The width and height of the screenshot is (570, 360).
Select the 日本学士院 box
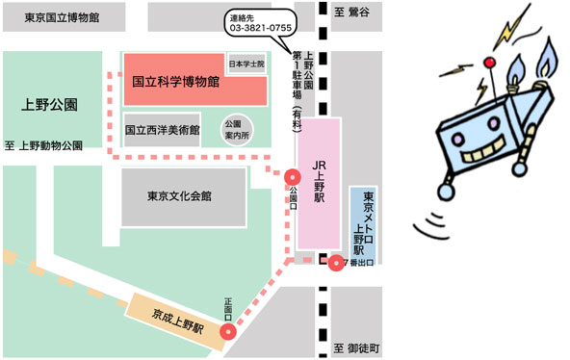click(x=245, y=64)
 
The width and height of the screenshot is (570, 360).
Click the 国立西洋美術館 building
click(x=162, y=129)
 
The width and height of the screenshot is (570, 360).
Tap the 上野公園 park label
click(x=49, y=104)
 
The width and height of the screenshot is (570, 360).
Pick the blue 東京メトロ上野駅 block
click(x=367, y=222)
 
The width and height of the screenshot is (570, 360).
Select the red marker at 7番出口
click(x=335, y=263)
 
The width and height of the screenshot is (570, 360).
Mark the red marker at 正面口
click(x=228, y=333)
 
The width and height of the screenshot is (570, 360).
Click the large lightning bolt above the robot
click(x=509, y=24)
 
